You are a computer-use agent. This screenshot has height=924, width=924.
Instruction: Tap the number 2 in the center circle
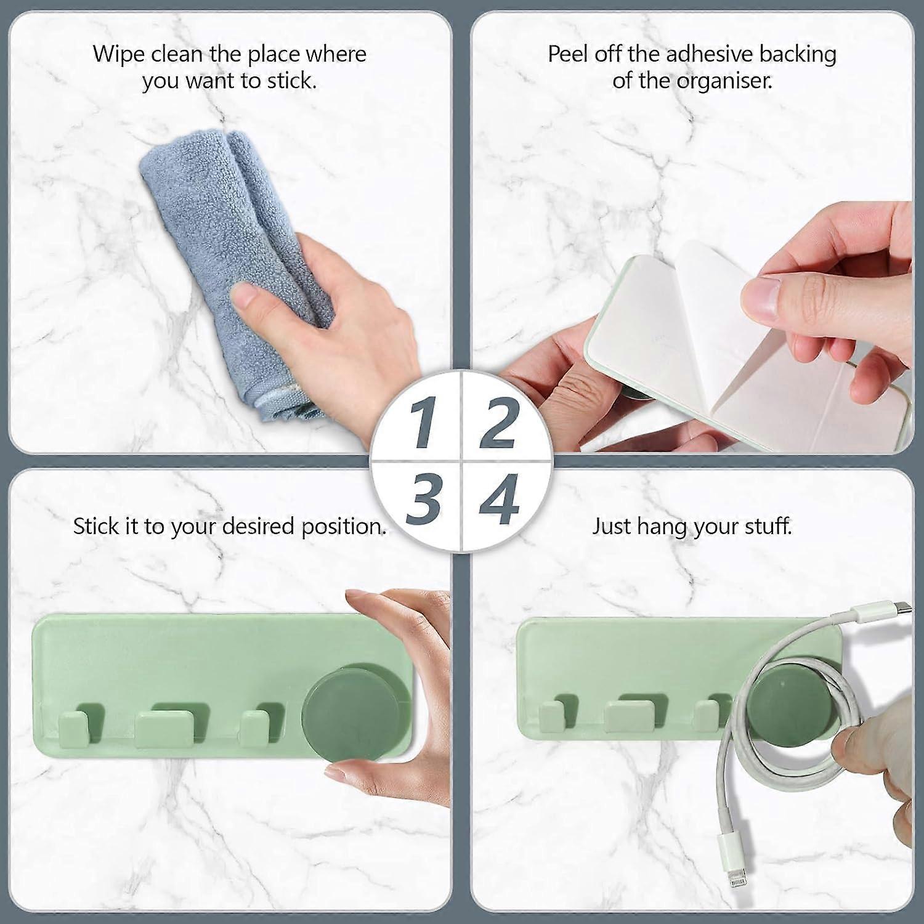coord(498,424)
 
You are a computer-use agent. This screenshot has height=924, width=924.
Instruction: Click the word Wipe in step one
coord(118,54)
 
